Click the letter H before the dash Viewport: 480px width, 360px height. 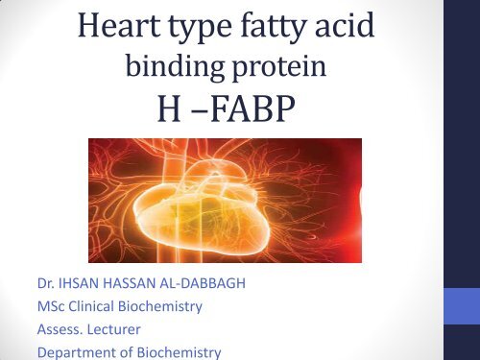click(172, 116)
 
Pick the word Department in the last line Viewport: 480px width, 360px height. click(70, 351)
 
